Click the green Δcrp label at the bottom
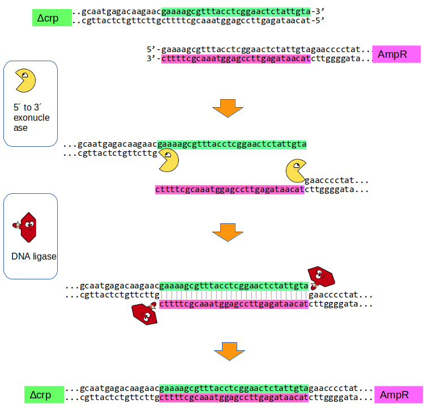(x=43, y=394)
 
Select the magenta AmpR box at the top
(x=396, y=54)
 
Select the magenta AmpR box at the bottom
(x=399, y=394)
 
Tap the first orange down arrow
(x=227, y=108)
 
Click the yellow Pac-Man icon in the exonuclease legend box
(x=25, y=81)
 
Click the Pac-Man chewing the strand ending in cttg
(x=168, y=161)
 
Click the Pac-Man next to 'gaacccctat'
(x=295, y=171)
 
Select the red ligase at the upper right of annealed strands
(x=321, y=276)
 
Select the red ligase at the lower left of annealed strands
(x=144, y=312)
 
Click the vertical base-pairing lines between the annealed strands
(x=234, y=295)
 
